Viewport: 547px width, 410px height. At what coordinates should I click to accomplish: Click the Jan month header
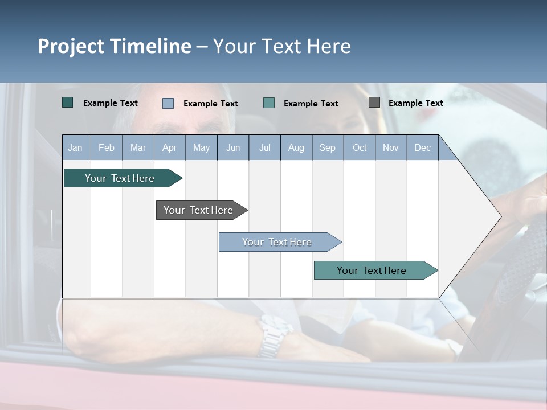[x=75, y=147]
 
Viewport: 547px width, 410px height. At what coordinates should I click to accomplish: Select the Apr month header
[x=169, y=147]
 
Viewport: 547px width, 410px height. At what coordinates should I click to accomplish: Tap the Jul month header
[x=264, y=147]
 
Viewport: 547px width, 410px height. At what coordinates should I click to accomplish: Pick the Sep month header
[x=327, y=147]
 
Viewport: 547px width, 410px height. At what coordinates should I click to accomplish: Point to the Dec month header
[x=422, y=147]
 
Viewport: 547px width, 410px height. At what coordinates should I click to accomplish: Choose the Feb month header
[x=107, y=147]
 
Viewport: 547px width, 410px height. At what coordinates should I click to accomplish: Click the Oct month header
[x=360, y=147]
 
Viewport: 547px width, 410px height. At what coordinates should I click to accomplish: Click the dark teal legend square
[x=68, y=102]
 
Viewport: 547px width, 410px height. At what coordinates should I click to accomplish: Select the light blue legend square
[x=168, y=103]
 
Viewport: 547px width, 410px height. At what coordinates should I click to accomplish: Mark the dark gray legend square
[x=374, y=102]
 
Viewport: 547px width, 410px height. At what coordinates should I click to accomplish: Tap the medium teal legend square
[x=269, y=103]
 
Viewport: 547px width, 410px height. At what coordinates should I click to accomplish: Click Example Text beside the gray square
[x=415, y=103]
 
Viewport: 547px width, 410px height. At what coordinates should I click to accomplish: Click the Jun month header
[x=233, y=147]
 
